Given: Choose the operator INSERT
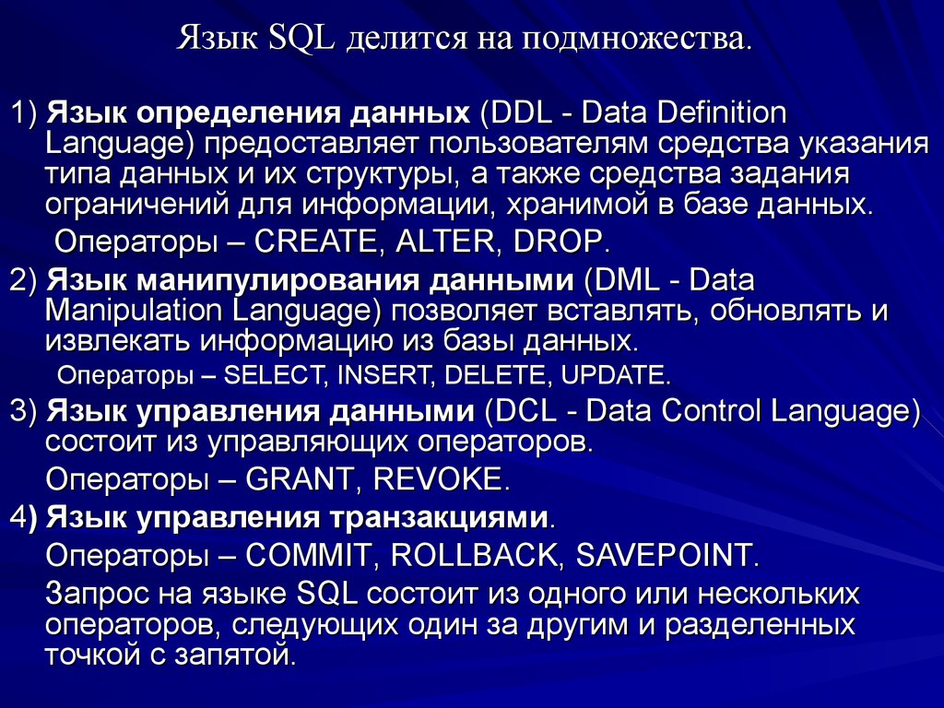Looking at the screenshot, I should (x=374, y=376).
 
